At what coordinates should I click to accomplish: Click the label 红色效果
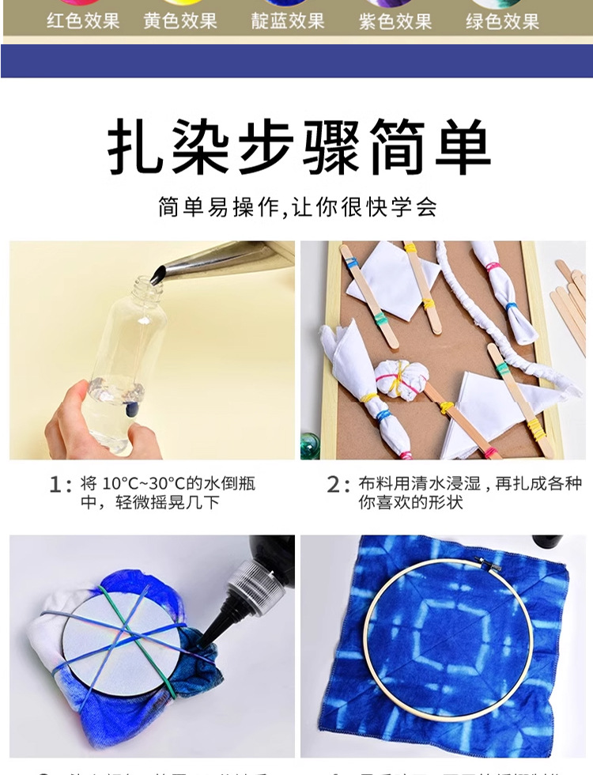[x=83, y=21]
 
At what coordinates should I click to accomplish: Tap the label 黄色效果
[x=180, y=21]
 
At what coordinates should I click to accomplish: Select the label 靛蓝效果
[x=288, y=21]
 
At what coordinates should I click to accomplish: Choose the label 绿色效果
[x=503, y=21]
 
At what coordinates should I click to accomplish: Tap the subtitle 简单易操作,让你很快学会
[x=297, y=208]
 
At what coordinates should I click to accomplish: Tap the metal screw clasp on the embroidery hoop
[x=491, y=564]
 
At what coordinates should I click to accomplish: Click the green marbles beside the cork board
[x=309, y=445]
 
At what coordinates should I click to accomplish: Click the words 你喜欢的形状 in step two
[x=410, y=503]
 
